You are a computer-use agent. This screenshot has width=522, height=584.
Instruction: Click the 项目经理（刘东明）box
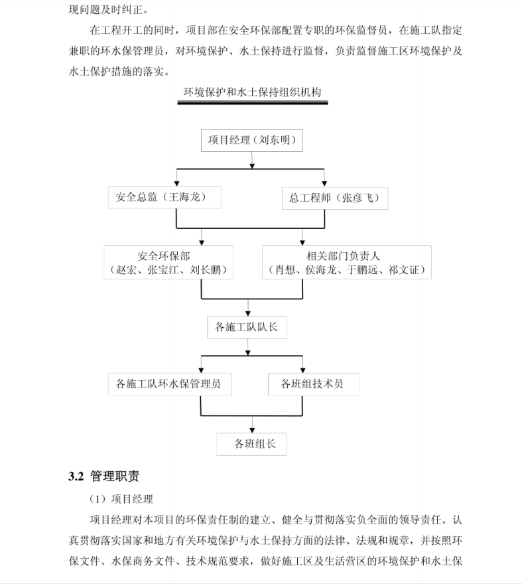tap(251, 141)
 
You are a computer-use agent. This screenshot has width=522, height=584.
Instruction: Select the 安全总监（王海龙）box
tap(164, 197)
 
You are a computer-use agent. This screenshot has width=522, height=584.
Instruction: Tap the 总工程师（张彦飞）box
tap(335, 198)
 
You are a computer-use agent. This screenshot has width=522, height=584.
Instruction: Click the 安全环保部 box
tap(168, 262)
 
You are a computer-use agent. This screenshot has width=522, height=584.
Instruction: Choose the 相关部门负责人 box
tap(347, 262)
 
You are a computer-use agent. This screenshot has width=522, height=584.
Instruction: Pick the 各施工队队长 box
tap(247, 327)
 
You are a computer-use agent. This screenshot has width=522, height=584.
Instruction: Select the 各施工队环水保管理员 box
tap(170, 384)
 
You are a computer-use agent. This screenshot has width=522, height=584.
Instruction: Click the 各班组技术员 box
tap(314, 384)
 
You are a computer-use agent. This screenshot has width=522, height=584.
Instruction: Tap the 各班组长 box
tap(251, 444)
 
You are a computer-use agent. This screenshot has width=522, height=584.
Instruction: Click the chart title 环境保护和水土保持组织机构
tap(253, 92)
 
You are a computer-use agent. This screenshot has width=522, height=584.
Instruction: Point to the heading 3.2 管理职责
tap(104, 476)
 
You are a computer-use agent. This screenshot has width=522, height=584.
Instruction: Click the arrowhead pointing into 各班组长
tap(252, 430)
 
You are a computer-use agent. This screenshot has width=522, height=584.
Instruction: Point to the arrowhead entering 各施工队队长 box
tap(248, 314)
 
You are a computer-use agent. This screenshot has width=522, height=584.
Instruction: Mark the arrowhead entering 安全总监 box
tap(177, 184)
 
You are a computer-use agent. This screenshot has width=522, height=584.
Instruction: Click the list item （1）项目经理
tap(121, 499)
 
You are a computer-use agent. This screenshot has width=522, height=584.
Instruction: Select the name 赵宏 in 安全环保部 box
tap(126, 269)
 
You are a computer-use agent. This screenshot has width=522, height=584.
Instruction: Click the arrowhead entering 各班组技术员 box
tap(302, 370)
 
